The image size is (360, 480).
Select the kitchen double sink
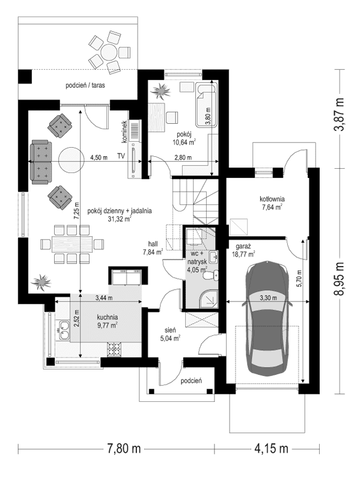point(64,331)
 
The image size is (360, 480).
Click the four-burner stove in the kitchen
point(114,350)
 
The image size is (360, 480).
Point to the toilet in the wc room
point(211,275)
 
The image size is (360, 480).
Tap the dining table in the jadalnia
point(72,244)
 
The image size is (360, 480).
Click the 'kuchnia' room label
point(108,317)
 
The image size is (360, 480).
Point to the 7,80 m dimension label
point(124,449)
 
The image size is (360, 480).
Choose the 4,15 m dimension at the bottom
point(271,449)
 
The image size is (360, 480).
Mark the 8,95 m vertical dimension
point(339,279)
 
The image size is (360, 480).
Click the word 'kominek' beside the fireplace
point(124,132)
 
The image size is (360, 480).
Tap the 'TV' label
point(121,156)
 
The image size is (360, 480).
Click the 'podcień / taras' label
point(85,85)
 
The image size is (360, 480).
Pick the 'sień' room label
point(170,330)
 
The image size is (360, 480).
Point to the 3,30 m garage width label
point(268,297)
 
